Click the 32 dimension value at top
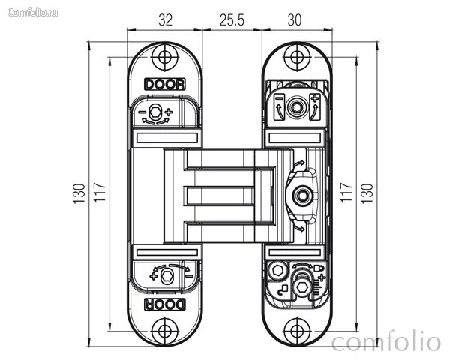[166, 20]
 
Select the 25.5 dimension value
[232, 20]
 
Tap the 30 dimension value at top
[295, 20]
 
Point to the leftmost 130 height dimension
[79, 193]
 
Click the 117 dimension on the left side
[100, 192]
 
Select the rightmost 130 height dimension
[367, 193]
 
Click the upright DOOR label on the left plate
[165, 85]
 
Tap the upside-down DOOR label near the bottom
[165, 304]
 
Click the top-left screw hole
[165, 57]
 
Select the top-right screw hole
[297, 57]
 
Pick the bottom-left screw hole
[165, 331]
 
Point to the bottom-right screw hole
[297, 331]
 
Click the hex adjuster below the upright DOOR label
[155, 111]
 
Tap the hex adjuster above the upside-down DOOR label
[166, 276]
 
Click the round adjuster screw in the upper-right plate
[296, 107]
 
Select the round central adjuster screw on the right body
[303, 196]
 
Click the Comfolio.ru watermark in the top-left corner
[32, 13]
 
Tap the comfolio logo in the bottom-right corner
[386, 342]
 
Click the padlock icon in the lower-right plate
[319, 268]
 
